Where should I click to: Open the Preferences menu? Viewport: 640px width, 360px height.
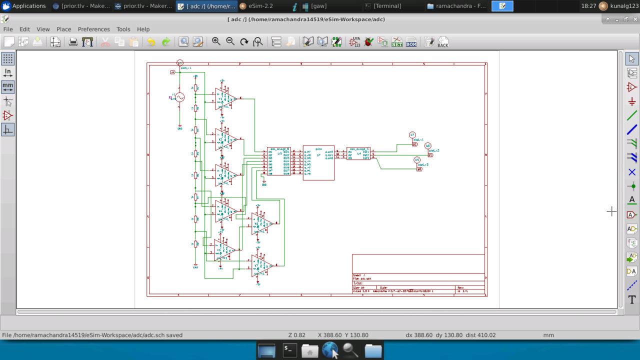click(93, 29)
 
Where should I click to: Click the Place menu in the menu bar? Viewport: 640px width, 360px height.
click(63, 29)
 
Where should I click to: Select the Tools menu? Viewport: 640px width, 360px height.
click(123, 29)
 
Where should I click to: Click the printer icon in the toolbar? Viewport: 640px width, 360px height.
click(73, 42)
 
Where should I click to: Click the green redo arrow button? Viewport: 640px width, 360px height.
click(166, 42)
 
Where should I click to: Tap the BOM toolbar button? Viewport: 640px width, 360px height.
click(411, 42)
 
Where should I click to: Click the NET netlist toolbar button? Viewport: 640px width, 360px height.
click(397, 42)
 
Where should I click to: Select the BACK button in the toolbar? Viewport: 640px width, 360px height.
click(442, 42)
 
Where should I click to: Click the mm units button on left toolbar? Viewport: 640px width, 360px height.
click(7, 86)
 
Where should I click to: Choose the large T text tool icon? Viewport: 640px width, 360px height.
click(632, 300)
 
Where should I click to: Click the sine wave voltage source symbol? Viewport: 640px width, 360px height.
click(180, 97)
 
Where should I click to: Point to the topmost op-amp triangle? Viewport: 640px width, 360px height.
click(225, 98)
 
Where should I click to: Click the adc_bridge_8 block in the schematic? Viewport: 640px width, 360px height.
click(278, 161)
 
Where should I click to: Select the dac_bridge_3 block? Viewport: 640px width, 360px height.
click(358, 153)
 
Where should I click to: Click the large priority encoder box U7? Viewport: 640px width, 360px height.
click(318, 163)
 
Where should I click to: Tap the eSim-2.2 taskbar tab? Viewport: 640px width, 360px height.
click(257, 6)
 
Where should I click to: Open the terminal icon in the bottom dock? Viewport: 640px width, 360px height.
click(288, 350)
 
